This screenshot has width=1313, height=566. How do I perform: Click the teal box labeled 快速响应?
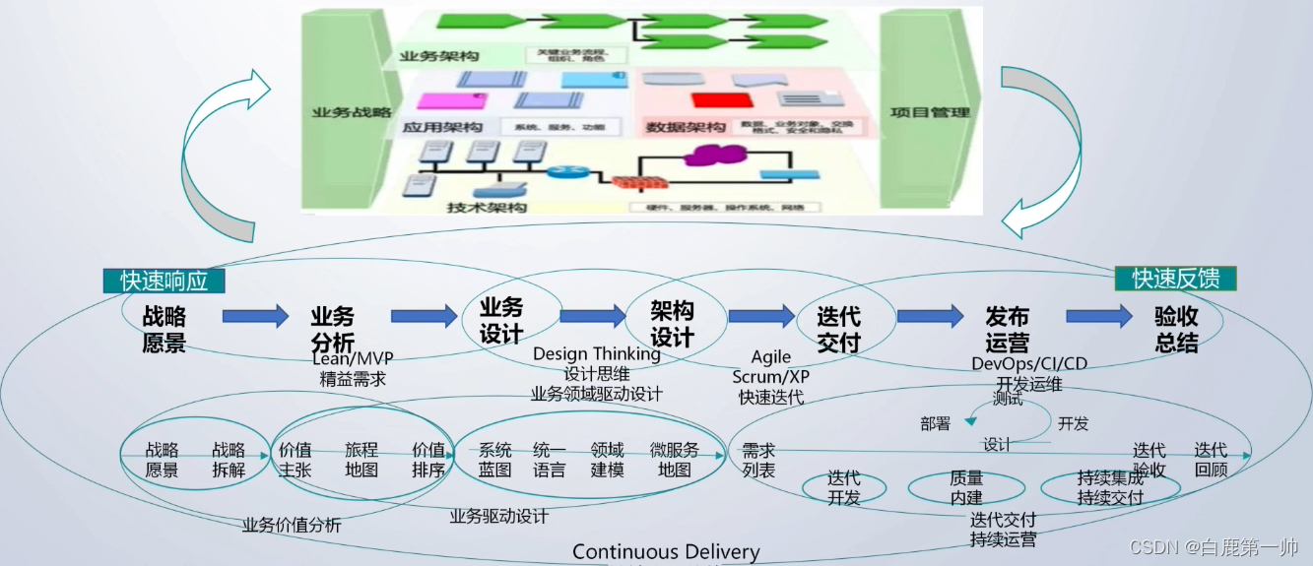tap(164, 281)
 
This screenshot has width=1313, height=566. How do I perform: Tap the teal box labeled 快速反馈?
tap(1175, 279)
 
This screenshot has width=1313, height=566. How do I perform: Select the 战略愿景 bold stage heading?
tap(164, 329)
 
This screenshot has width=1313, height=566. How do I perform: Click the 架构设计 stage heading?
tap(673, 324)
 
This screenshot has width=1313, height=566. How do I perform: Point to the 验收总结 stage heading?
tap(1176, 329)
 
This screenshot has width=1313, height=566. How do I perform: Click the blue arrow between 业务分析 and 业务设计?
tap(425, 316)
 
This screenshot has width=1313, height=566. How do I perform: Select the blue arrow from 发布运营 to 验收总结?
tap(1099, 316)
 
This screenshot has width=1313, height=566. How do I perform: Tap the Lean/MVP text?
tap(353, 359)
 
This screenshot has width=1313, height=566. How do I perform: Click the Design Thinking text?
tap(597, 353)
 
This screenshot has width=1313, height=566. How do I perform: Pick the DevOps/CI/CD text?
tap(1029, 363)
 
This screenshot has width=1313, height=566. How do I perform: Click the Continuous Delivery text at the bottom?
tap(666, 552)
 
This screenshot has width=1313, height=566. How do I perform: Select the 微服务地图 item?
tap(675, 460)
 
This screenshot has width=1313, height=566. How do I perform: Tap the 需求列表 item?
tap(758, 460)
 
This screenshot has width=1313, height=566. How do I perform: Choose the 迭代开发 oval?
tap(844, 488)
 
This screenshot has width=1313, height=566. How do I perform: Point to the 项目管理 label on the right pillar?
tap(930, 112)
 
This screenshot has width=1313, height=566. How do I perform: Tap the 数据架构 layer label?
tap(687, 127)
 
